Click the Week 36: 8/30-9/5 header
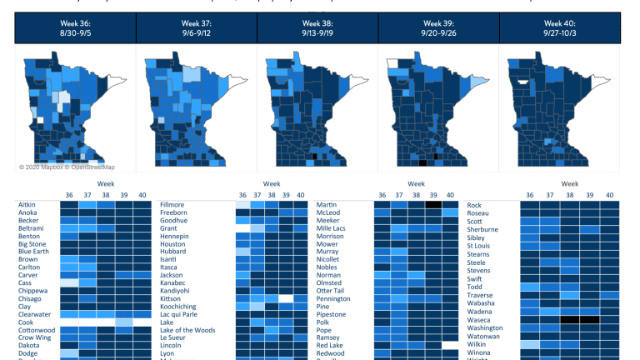coord(75,27)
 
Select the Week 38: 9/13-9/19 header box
coord(317,27)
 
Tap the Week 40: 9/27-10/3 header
coord(560,27)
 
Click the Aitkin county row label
coord(27,204)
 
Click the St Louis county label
coord(478,245)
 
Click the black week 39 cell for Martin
coord(433,204)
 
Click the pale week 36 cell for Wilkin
coord(530,343)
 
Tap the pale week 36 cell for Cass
coord(68,282)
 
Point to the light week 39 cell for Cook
coord(122,322)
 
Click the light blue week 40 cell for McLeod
coord(450,213)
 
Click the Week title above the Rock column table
coord(570,182)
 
